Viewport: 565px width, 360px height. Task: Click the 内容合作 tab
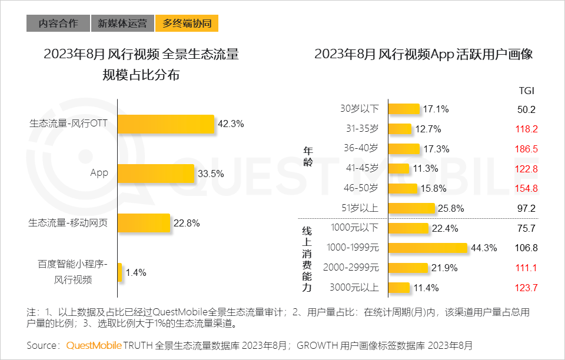point(58,24)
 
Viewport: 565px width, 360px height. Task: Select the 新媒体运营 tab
point(122,24)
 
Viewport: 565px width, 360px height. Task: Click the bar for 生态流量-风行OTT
point(166,124)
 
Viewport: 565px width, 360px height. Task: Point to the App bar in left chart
point(156,174)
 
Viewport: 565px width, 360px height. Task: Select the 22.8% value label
point(187,223)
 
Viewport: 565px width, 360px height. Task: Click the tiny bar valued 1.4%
point(120,272)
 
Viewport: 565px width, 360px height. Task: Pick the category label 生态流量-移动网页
point(68,223)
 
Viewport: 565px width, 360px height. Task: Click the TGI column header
point(526,91)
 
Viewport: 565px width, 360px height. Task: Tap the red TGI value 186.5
point(526,149)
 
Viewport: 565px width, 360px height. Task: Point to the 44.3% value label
point(483,248)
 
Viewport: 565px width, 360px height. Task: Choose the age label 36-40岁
point(361,149)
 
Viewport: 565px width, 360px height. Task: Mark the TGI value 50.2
point(526,109)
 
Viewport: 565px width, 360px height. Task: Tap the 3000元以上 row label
point(354,288)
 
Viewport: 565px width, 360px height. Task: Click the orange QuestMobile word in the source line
point(94,345)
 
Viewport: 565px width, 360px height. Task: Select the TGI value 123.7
point(526,288)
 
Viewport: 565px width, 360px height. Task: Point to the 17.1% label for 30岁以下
point(436,109)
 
